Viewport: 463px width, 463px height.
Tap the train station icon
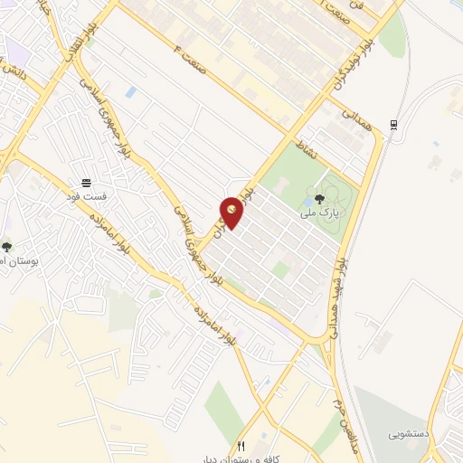click(393, 125)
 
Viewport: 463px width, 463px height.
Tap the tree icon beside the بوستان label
click(7, 246)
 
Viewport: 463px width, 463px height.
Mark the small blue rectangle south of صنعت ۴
click(132, 92)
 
